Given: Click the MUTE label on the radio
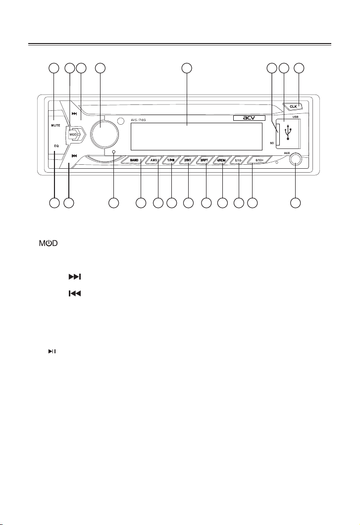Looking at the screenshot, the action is [55, 125].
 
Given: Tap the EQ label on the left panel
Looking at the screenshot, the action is [56, 146].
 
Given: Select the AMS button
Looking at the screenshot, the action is [154, 160].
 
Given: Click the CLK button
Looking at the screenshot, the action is [294, 106].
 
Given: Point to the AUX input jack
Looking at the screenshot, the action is [296, 160].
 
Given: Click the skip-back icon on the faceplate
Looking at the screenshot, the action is [74, 156].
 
